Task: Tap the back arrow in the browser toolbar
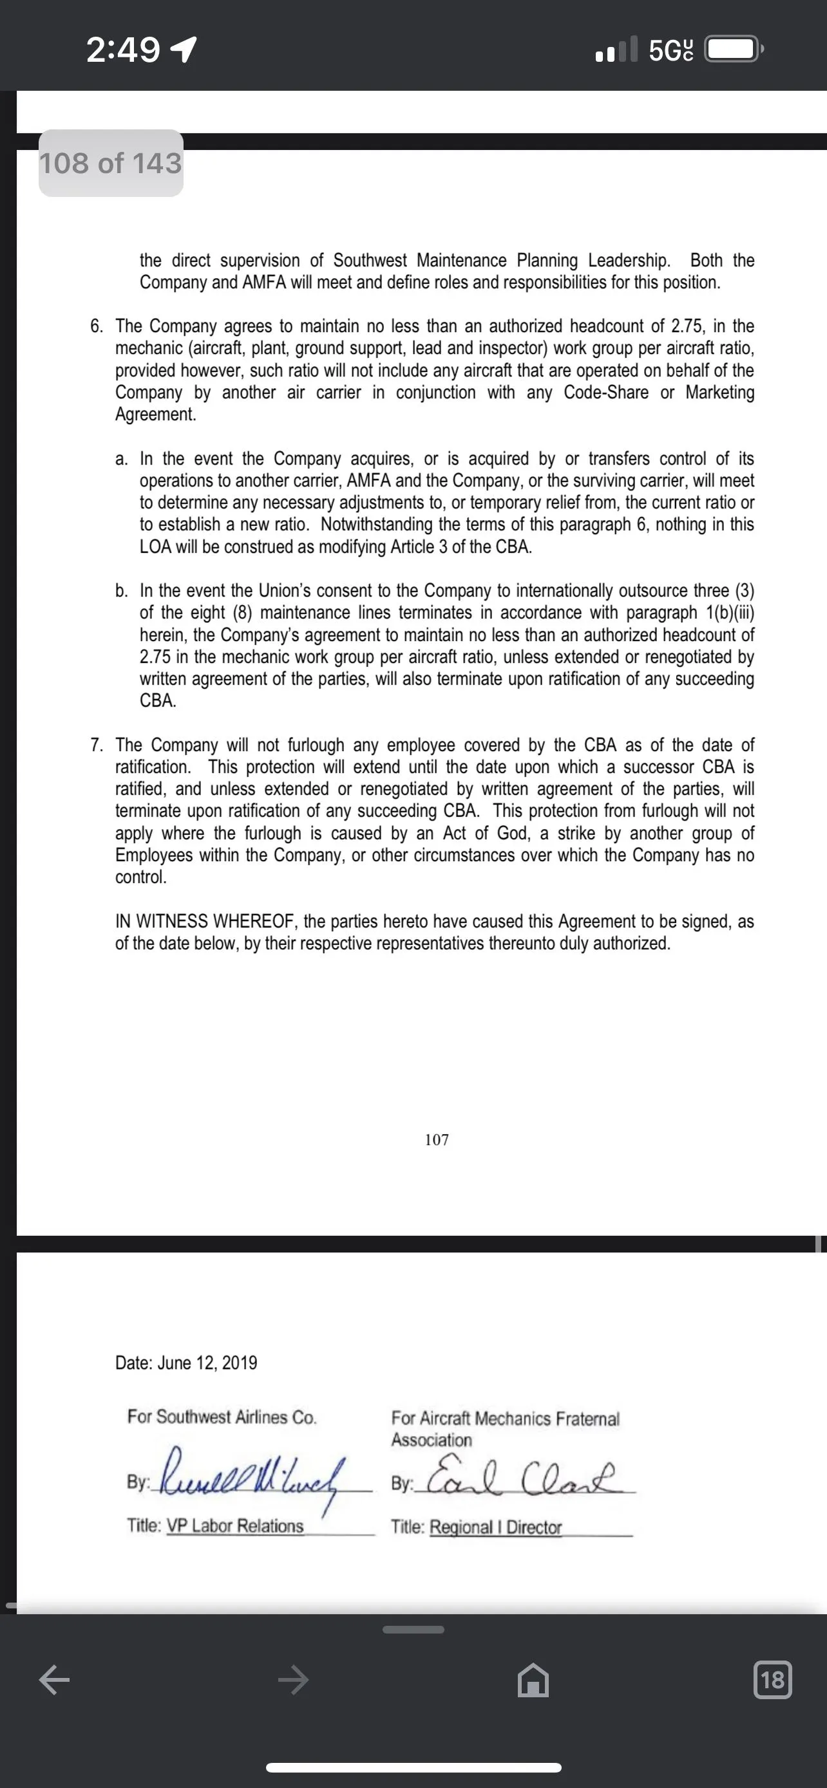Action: tap(54, 1681)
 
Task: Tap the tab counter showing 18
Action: tap(772, 1680)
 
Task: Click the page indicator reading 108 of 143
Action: tap(110, 163)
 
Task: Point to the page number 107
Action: tap(437, 1140)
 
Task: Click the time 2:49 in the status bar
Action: tap(123, 50)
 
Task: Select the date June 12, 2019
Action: tap(207, 1363)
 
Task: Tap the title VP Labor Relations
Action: tap(234, 1525)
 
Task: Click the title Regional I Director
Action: tap(495, 1527)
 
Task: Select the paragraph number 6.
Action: tap(97, 326)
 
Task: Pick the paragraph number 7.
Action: tap(97, 745)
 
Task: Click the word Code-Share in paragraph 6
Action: tap(605, 392)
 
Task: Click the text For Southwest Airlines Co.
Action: tap(222, 1417)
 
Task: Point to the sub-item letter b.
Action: tap(122, 591)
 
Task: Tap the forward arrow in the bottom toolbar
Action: tap(293, 1681)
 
